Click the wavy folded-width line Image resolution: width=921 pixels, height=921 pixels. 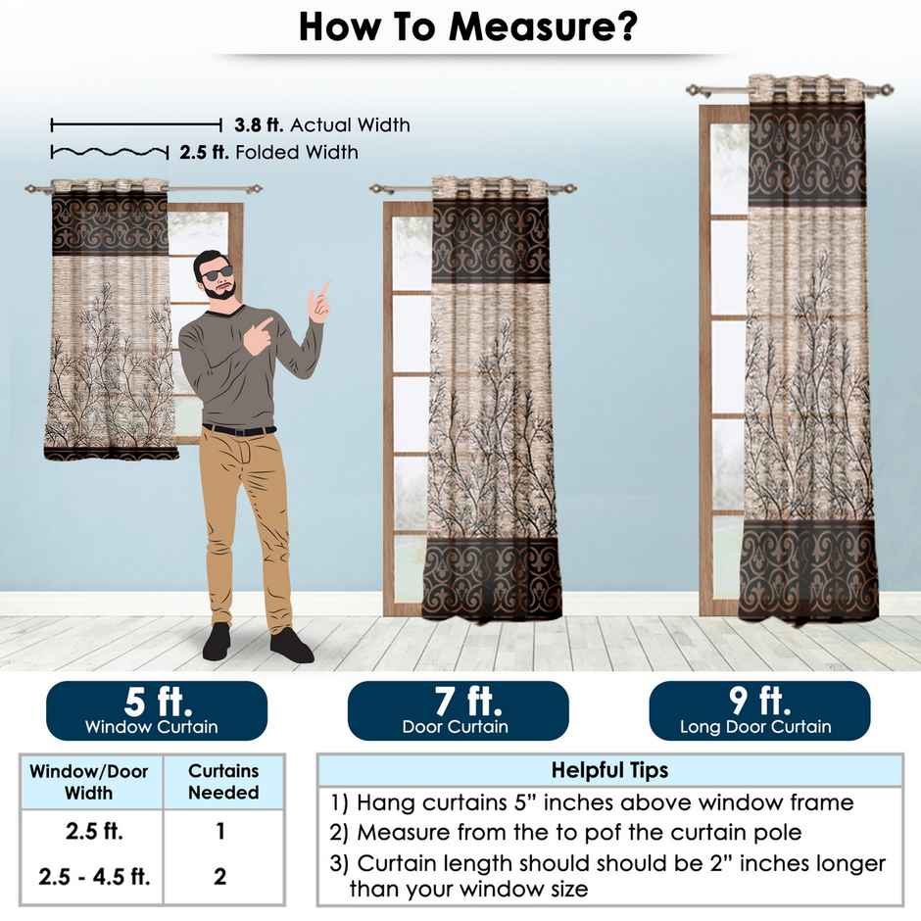click(109, 152)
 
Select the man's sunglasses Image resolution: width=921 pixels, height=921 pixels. click(218, 271)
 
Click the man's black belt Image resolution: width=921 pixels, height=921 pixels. click(239, 430)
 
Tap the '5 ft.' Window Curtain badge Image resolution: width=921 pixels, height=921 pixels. click(157, 711)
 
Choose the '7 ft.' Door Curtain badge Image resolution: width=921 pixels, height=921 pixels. click(458, 711)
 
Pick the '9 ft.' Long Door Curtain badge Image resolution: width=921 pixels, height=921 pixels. click(759, 711)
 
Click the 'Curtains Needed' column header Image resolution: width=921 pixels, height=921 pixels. click(223, 782)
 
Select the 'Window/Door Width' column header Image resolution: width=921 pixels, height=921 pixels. click(89, 782)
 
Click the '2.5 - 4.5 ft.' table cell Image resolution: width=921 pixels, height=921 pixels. click(94, 876)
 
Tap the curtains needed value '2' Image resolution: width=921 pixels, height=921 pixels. click(219, 876)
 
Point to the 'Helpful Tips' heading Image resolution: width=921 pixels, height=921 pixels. click(609, 770)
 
